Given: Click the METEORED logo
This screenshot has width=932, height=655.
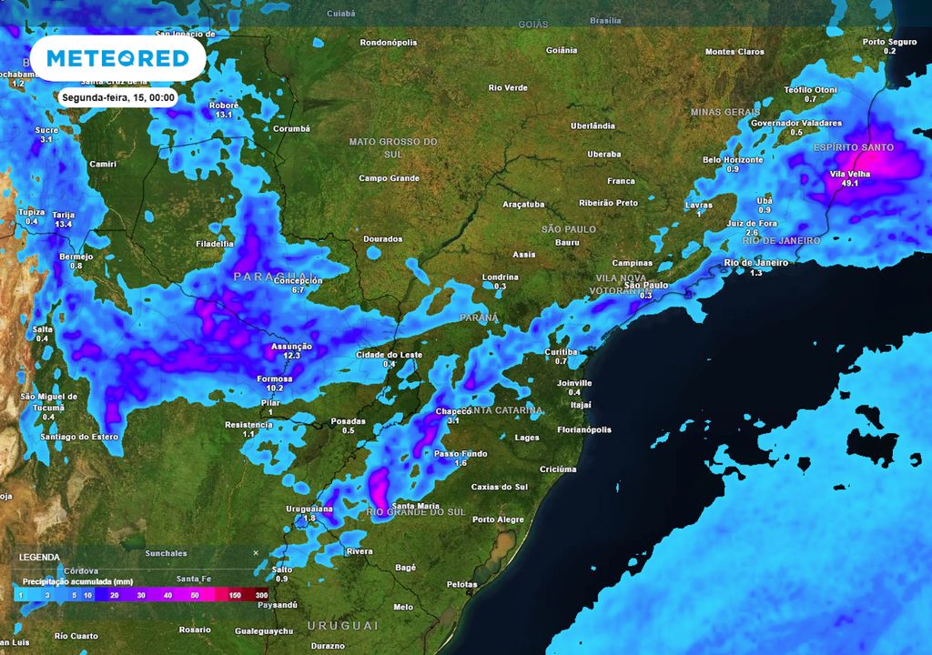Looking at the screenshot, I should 117,59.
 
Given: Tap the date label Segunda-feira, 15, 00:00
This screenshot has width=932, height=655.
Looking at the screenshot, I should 118,97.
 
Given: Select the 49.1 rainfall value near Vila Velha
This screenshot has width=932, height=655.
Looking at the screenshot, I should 851,183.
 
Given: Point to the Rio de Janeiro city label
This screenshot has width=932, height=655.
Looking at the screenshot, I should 755,263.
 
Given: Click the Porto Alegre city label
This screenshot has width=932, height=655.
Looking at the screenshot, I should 498,519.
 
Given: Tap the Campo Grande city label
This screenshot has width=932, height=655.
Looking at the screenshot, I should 389,178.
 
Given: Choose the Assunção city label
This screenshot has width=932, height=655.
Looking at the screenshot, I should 292,347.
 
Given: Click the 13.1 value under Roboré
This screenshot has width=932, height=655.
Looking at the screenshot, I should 224,116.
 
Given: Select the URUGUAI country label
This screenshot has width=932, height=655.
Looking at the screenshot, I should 342,626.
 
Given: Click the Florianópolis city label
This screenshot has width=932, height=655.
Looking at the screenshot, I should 584,429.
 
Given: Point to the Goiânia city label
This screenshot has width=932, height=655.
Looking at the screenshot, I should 562,50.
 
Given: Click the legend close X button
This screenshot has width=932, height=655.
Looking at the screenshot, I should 256,552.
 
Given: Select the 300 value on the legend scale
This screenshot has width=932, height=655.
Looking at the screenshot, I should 261,595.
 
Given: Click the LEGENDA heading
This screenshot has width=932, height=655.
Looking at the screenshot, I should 39,557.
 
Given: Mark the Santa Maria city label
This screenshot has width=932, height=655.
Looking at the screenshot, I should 415,506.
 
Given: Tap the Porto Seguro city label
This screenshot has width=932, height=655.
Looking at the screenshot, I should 889,42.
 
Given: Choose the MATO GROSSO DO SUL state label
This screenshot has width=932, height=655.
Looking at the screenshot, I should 393,147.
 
